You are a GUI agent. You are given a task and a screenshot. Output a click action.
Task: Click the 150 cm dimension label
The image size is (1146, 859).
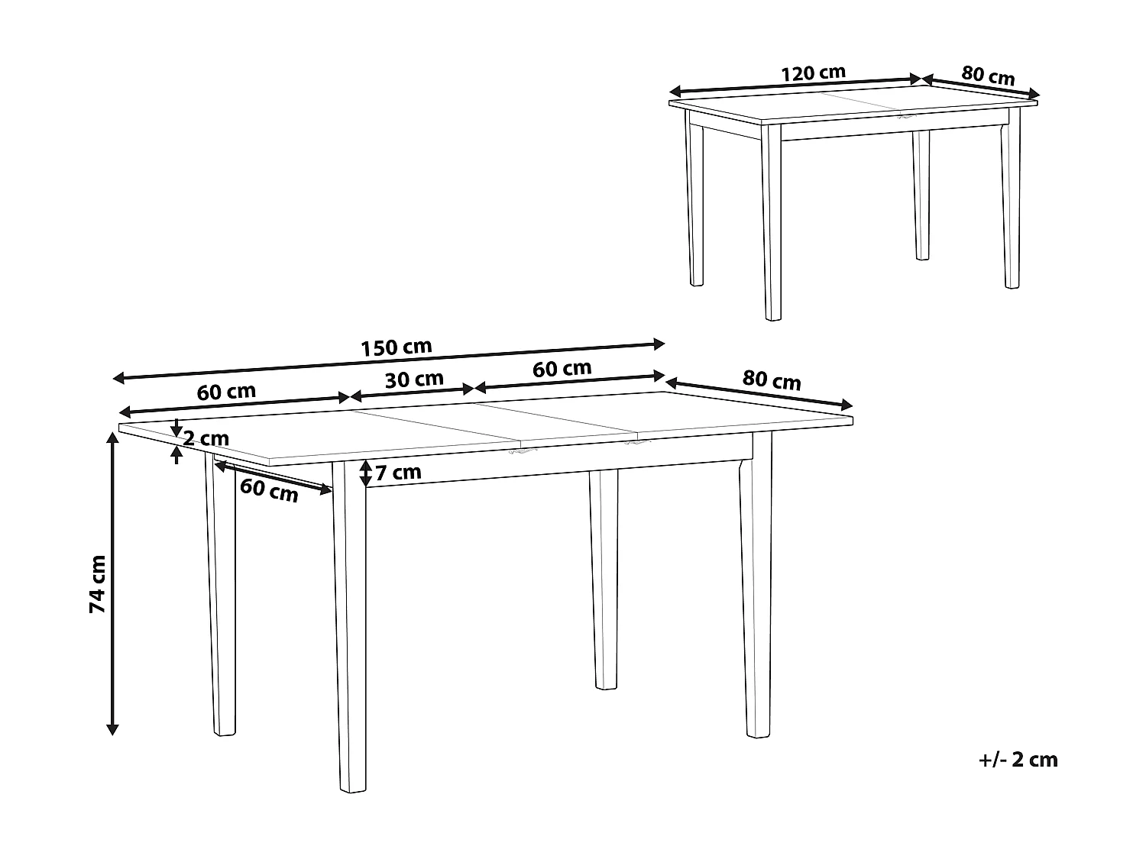tap(396, 347)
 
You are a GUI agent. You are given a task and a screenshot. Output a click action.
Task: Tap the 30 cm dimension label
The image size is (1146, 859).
tap(414, 379)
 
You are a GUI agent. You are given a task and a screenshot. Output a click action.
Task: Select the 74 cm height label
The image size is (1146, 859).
tap(97, 584)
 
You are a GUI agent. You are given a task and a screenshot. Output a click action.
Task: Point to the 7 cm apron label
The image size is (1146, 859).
tap(398, 473)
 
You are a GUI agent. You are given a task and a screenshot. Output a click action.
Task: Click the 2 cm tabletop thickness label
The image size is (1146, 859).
tap(206, 439)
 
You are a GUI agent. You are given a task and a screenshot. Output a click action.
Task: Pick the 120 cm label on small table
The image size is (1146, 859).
tap(813, 73)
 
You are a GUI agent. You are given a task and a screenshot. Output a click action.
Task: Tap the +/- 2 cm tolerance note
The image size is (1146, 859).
tap(1018, 759)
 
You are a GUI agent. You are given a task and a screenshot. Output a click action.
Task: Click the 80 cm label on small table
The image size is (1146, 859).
tap(988, 76)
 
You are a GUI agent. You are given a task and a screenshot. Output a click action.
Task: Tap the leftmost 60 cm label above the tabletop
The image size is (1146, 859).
tap(226, 392)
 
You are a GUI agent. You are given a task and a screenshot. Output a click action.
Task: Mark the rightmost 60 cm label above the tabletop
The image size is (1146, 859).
tap(562, 368)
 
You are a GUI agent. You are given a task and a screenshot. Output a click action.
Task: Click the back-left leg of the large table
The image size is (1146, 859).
tap(222, 596)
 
